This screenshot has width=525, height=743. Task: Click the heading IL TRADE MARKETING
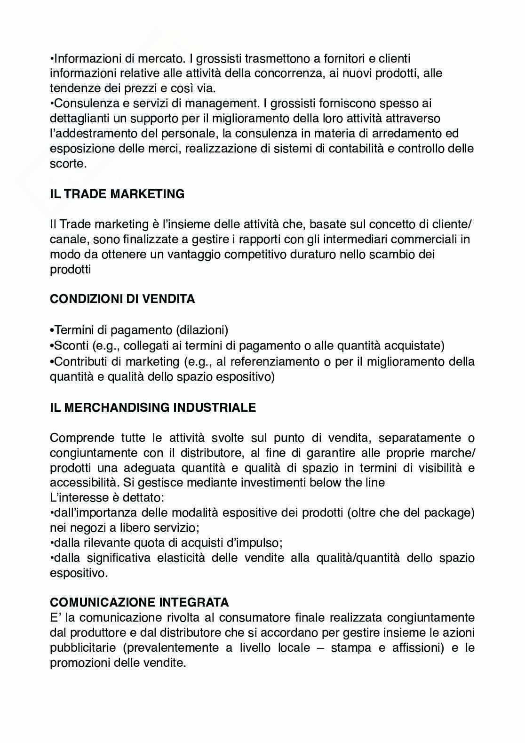(x=117, y=194)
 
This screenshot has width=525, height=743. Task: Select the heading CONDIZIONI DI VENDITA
(x=122, y=299)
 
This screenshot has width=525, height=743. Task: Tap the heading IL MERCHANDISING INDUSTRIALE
(x=153, y=407)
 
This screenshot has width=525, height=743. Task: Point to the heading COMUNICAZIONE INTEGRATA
(x=139, y=602)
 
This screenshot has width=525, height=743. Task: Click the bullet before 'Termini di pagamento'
(x=52, y=331)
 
